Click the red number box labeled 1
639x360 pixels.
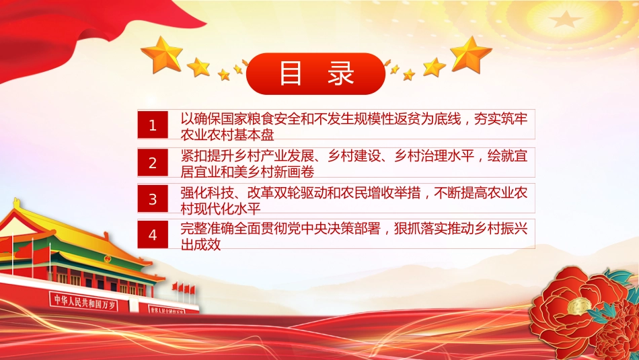point(153,124)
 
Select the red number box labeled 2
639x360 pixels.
point(153,162)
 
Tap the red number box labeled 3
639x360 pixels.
point(153,199)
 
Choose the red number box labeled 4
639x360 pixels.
point(153,234)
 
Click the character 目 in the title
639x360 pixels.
point(291,73)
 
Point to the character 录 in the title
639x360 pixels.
point(341,73)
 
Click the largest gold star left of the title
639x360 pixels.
point(162,55)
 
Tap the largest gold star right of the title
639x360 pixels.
point(471,55)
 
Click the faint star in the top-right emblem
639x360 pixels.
point(565,18)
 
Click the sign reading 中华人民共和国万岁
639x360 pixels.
point(84,301)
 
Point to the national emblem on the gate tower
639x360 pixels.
point(107,258)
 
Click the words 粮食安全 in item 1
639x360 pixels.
point(267,119)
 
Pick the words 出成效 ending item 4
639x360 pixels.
point(201,244)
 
